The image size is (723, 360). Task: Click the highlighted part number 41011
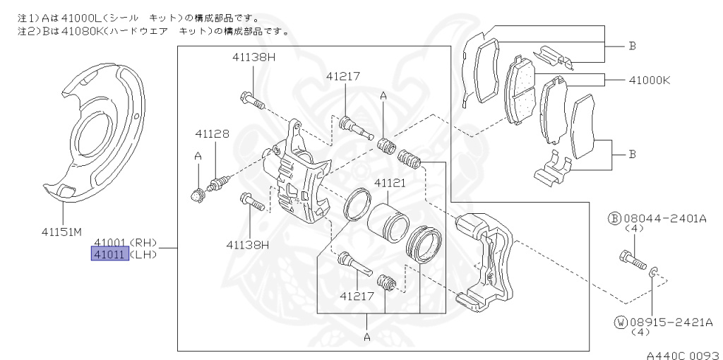tap(110, 254)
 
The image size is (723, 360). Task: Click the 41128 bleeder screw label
tap(212, 133)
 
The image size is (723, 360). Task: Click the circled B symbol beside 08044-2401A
tap(613, 220)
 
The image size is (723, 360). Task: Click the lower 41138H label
tap(248, 245)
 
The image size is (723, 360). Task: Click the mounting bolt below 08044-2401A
tap(632, 260)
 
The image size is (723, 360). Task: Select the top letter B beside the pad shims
tap(633, 46)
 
